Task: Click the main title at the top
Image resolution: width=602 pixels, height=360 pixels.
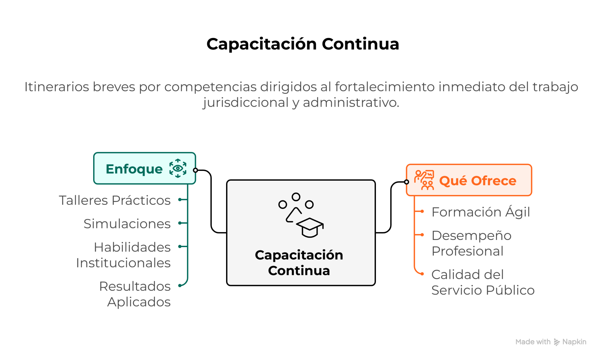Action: click(303, 44)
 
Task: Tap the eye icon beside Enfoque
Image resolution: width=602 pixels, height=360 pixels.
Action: click(178, 168)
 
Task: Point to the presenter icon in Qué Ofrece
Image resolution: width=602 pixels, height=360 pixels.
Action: click(424, 180)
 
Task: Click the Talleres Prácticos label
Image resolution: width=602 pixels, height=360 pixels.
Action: click(115, 200)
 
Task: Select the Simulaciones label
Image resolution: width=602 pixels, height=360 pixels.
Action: click(127, 224)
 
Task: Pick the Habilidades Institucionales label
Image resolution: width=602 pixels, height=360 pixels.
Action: click(124, 255)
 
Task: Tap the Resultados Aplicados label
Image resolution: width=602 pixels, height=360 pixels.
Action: click(135, 294)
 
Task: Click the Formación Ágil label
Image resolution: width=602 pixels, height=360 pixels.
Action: click(481, 212)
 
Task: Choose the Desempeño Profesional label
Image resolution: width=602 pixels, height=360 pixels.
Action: click(471, 243)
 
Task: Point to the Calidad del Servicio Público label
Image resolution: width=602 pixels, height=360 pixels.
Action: click(483, 282)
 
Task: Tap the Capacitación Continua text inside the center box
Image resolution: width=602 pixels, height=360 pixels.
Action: click(299, 263)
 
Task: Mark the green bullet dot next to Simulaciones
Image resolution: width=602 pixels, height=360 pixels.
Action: click(180, 223)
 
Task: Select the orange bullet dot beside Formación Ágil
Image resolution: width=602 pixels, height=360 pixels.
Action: click(422, 211)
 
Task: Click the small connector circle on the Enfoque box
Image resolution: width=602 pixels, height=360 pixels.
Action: click(195, 170)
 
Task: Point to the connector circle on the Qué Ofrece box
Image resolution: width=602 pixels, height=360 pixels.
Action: click(407, 182)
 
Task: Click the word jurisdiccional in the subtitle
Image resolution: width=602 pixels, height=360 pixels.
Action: click(246, 103)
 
